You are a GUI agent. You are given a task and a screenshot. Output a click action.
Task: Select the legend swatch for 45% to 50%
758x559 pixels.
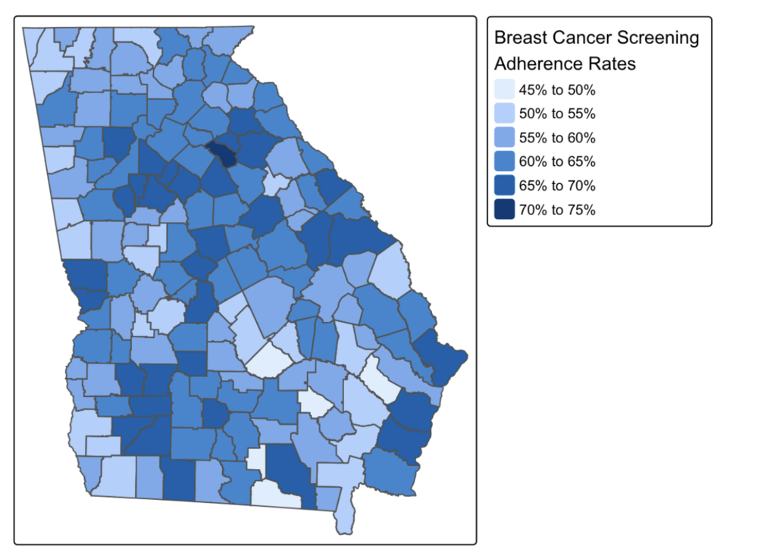[504, 90]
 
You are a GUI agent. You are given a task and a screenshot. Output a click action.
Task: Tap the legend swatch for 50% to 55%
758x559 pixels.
[504, 114]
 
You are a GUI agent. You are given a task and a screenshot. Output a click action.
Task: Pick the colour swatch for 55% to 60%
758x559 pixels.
[504, 138]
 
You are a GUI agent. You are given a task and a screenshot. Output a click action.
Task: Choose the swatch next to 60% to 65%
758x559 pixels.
[504, 161]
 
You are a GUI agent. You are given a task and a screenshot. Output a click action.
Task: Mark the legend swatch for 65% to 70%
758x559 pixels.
[504, 186]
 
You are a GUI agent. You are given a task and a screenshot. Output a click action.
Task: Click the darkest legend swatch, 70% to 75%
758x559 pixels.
[504, 210]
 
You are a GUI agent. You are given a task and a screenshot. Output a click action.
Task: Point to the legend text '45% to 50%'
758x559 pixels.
[557, 91]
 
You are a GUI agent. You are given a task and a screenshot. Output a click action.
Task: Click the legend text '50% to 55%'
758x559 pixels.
[557, 114]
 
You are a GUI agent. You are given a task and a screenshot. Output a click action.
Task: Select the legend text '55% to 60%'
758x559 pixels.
[557, 138]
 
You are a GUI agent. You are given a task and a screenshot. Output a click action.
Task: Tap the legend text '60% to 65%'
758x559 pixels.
[557, 162]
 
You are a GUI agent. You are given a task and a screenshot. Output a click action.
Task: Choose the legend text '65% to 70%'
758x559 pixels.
[557, 186]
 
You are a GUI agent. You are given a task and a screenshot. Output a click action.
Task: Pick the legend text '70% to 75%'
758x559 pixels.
[557, 210]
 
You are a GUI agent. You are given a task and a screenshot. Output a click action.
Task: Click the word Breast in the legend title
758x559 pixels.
[520, 38]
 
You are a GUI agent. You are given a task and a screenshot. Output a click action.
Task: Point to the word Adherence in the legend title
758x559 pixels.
[535, 64]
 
